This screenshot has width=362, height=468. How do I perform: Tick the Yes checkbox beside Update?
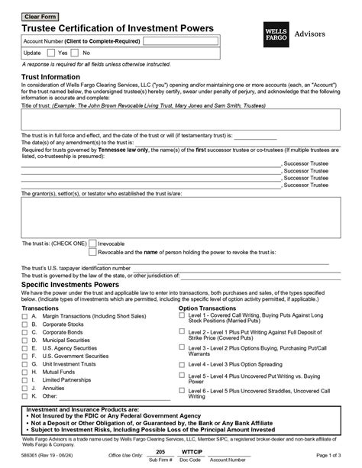pos(51,53)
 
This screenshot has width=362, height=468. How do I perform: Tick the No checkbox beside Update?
pos(76,53)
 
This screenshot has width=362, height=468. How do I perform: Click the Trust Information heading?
pos(50,78)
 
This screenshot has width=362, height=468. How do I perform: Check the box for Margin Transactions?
pos(25,315)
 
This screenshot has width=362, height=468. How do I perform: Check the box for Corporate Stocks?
pos(25,324)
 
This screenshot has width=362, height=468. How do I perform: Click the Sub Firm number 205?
pos(160,452)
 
